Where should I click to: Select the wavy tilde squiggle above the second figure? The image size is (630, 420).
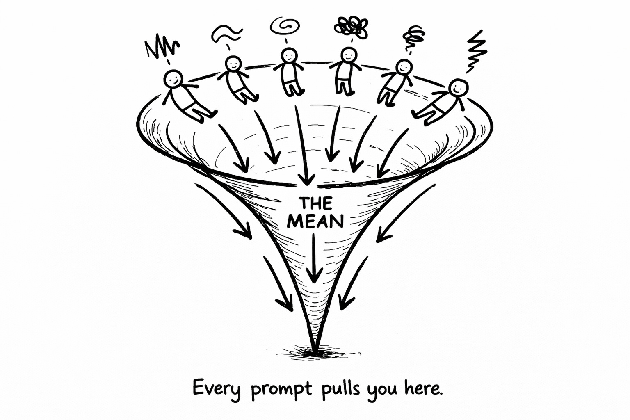coord(227,34)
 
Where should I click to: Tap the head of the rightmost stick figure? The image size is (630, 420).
coord(458,87)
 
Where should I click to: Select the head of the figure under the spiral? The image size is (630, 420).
coord(289,55)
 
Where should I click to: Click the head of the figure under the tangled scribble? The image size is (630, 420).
coord(349,55)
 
